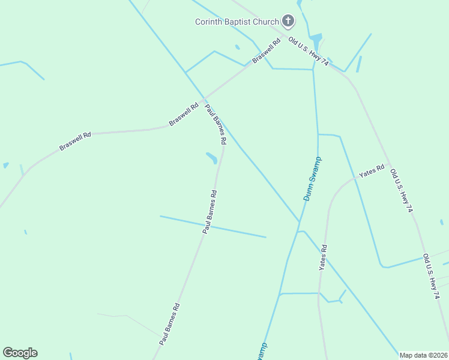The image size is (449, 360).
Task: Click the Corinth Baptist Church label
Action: (237, 22)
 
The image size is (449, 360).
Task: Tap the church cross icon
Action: (288, 22)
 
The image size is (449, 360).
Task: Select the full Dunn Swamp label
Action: (312, 178)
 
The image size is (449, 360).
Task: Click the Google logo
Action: (20, 353)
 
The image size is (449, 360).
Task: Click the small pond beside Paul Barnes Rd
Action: (211, 158)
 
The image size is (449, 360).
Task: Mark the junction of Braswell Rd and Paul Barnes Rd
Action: (204, 98)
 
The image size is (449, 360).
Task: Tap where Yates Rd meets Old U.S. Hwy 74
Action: (390, 164)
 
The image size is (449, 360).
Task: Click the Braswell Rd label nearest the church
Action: (267, 52)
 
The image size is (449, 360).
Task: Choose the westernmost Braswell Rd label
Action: (75, 142)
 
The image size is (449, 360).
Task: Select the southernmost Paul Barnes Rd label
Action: (170, 323)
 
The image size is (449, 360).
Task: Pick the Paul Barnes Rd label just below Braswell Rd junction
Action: (215, 125)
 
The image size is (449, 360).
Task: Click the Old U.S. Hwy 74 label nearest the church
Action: (309, 52)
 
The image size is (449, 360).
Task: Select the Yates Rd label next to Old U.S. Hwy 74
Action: (371, 171)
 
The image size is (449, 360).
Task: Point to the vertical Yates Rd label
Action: (323, 257)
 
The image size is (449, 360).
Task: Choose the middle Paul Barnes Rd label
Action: (209, 212)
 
